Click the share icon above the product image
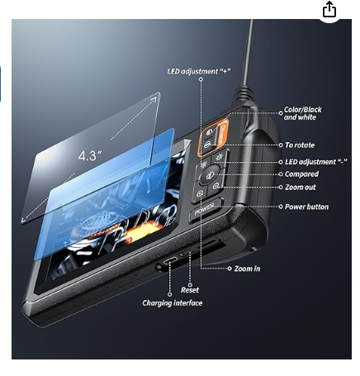tap(329, 9)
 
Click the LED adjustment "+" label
tap(199, 71)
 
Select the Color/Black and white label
tap(302, 113)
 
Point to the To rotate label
tap(300, 145)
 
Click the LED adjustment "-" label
tap(315, 162)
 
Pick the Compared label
tap(301, 174)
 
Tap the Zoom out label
tap(301, 188)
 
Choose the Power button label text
tap(306, 207)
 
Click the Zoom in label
tap(247, 269)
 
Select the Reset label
tap(190, 290)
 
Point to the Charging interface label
tap(173, 303)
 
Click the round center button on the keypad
tap(209, 175)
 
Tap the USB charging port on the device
tap(170, 260)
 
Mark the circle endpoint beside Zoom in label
tap(230, 269)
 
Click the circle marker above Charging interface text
tap(170, 294)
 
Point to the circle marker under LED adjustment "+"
tap(201, 79)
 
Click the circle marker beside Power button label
tap(281, 207)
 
